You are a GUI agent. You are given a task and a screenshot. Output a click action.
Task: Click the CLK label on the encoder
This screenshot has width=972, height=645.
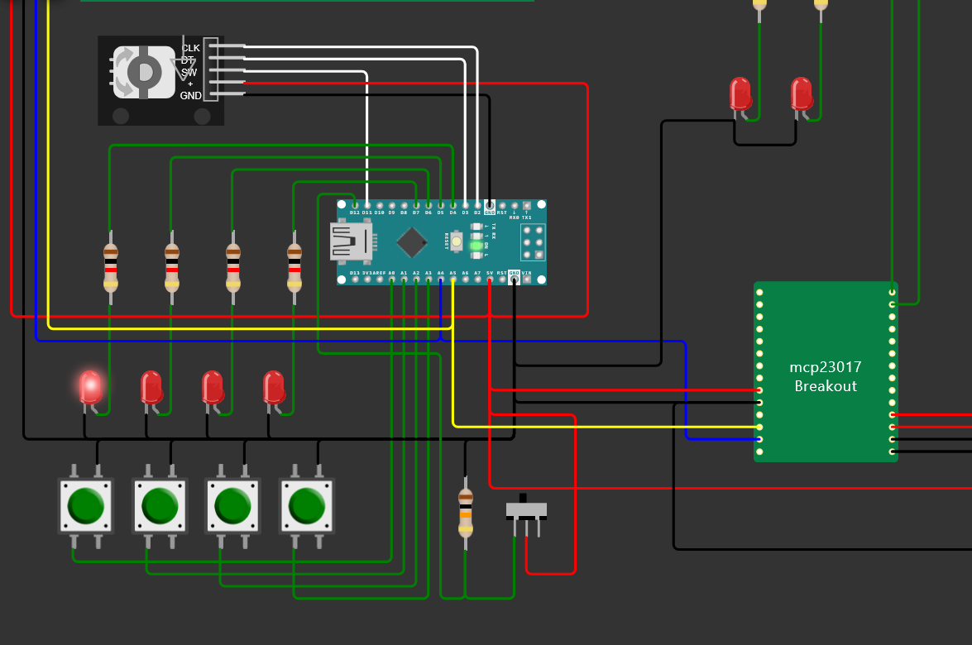click(x=190, y=48)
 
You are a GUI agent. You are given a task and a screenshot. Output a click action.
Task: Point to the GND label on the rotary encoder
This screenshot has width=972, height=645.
click(x=190, y=96)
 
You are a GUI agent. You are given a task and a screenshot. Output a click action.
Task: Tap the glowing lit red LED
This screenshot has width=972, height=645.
click(x=90, y=387)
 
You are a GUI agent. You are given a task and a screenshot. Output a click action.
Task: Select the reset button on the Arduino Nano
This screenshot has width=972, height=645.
click(x=456, y=241)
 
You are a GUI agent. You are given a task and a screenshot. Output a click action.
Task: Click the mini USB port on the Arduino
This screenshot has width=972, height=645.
click(x=351, y=241)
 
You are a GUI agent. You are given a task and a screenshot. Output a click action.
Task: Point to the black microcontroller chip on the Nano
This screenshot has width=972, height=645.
click(x=411, y=242)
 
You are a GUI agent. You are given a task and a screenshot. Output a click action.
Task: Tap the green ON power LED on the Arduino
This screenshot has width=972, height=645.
click(x=476, y=246)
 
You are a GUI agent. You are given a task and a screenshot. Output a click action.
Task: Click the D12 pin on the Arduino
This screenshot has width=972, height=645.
click(x=354, y=205)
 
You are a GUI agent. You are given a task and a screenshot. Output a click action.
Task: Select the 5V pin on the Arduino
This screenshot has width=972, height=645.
click(x=490, y=279)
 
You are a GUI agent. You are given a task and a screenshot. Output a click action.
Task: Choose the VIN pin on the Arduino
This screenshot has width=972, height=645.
click(x=526, y=279)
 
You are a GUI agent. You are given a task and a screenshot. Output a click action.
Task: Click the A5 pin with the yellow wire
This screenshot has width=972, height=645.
click(x=452, y=279)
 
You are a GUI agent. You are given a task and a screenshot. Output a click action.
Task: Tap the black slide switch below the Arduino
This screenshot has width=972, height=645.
click(x=526, y=509)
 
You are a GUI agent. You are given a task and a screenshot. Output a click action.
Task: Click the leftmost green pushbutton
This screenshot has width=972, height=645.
click(x=84, y=504)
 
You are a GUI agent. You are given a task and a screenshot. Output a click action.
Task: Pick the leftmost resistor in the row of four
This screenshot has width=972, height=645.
click(x=111, y=266)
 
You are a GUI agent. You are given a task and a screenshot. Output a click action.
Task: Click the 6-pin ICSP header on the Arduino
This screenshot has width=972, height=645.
click(x=532, y=242)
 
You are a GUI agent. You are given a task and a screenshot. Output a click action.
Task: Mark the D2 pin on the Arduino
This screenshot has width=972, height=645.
click(x=477, y=205)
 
